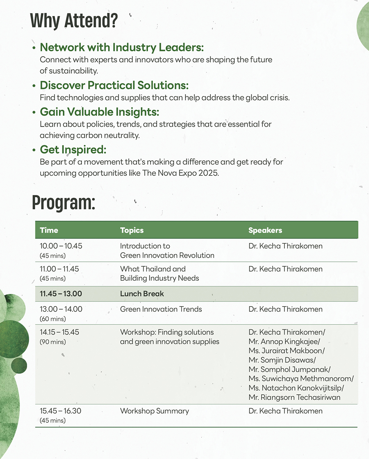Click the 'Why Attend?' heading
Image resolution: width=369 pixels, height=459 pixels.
pyautogui.click(x=74, y=21)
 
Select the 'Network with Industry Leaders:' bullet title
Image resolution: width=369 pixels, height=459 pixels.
pyautogui.click(x=121, y=47)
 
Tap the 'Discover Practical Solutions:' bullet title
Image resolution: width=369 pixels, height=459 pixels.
pyautogui.click(x=114, y=85)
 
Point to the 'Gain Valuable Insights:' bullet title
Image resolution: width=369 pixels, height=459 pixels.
pyautogui.click(x=99, y=112)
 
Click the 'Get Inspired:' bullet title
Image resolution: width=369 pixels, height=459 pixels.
pyautogui.click(x=73, y=150)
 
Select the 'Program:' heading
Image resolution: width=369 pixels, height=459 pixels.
pyautogui.click(x=63, y=202)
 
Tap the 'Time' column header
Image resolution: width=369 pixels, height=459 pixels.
pyautogui.click(x=49, y=230)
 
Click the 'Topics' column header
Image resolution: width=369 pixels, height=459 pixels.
pyautogui.click(x=132, y=230)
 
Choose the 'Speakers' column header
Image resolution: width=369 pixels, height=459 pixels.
pyautogui.click(x=265, y=230)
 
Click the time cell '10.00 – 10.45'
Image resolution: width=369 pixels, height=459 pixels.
pyautogui.click(x=61, y=246)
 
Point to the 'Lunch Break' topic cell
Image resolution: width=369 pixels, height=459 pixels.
pyautogui.click(x=142, y=294)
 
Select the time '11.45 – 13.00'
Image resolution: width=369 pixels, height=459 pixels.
pyautogui.click(x=61, y=294)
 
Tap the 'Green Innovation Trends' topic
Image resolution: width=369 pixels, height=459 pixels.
pyautogui.click(x=161, y=309)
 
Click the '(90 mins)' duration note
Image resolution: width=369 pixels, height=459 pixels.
pyautogui.click(x=53, y=342)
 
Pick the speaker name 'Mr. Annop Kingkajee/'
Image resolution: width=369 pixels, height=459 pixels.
pyautogui.click(x=284, y=342)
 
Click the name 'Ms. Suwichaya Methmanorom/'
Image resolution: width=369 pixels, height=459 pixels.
pyautogui.click(x=301, y=378)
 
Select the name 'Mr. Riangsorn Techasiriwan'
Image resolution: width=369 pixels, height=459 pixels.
pyautogui.click(x=294, y=397)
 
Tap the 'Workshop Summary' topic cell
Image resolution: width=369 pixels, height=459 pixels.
pyautogui.click(x=154, y=411)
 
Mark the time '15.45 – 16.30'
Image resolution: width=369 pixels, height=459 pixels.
pyautogui.click(x=61, y=411)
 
